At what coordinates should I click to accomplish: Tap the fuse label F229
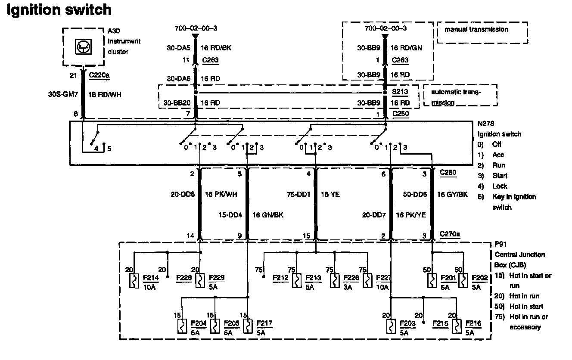216,278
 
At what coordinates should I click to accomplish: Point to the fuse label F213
313,278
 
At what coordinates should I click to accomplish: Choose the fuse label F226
351,278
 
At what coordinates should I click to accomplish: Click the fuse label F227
383,278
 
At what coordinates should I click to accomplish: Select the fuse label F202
480,278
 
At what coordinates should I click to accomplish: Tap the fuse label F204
199,323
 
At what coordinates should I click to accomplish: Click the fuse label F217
264,323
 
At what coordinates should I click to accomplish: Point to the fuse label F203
407,323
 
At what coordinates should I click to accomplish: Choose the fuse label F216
473,323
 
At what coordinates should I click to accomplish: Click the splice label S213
399,92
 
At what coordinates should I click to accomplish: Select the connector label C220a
99,76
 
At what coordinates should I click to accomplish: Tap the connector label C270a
450,235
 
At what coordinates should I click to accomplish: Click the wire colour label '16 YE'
330,195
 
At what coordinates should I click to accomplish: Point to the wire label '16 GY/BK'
452,195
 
